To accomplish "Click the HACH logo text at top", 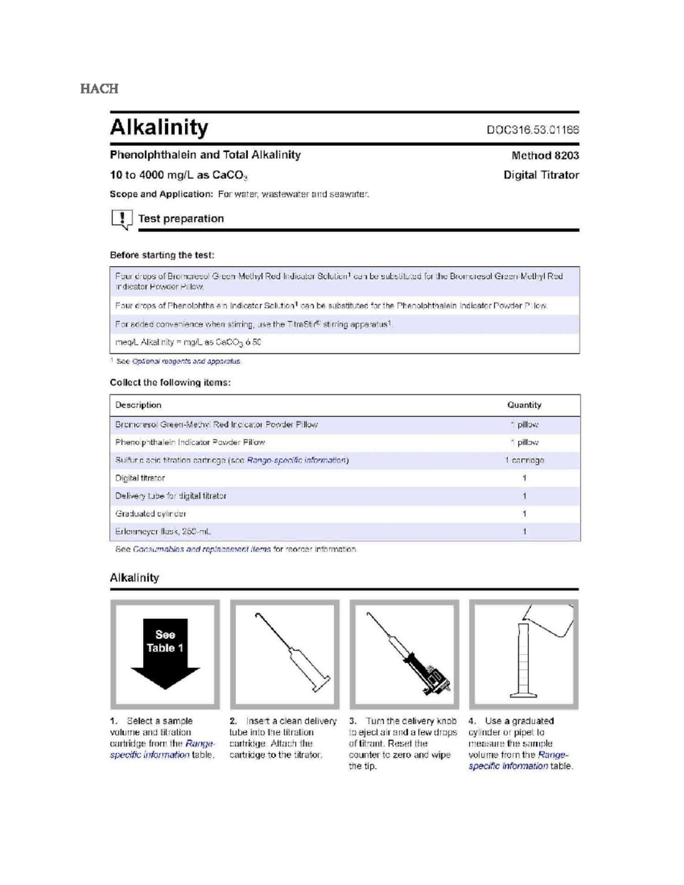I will pos(99,89).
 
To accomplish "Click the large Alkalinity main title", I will pos(159,127).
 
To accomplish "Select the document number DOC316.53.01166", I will pos(532,130).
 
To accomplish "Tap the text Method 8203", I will pos(545,156).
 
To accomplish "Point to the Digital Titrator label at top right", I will pos(541,175).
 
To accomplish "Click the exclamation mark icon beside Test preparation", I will pos(121,219).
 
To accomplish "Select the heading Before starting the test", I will pos(162,255).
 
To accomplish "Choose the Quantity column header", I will pos(524,405).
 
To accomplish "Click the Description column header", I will pos(138,405).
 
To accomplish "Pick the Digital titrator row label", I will pos(140,478).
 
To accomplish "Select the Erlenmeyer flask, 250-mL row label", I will pos(163,532).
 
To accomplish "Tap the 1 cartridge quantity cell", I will pos(524,460).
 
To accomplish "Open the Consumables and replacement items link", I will pos(202,549).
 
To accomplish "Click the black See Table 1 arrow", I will pos(165,653).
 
